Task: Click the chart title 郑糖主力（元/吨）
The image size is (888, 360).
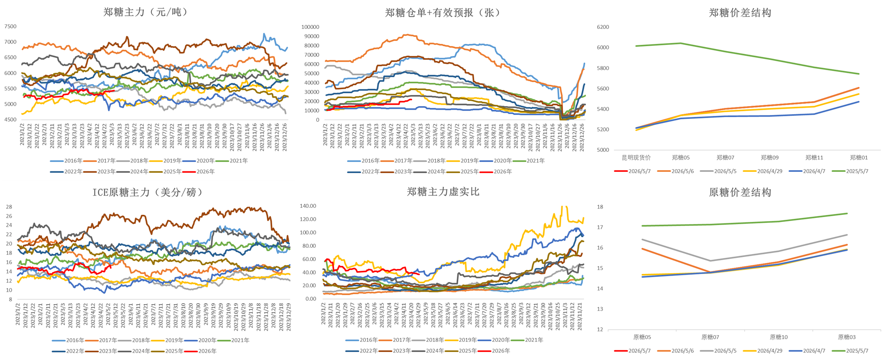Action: point(146,12)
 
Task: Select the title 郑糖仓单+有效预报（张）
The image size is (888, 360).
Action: point(444,12)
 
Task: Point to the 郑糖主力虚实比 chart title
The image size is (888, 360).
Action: point(443,192)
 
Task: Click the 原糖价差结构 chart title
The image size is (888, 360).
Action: point(740,192)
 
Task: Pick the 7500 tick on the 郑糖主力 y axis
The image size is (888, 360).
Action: point(10,27)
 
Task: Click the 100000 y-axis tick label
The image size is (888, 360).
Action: point(310,27)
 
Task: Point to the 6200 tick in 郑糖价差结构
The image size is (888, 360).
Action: point(603,27)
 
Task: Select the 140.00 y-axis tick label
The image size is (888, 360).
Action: point(308,206)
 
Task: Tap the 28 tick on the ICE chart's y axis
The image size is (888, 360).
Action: point(9,207)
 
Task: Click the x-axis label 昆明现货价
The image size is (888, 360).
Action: point(636,158)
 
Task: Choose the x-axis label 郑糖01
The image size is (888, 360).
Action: point(859,158)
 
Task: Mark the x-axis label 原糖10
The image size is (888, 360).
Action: point(778,337)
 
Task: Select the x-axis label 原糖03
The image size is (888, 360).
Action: point(847,337)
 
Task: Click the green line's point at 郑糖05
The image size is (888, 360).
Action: point(681,43)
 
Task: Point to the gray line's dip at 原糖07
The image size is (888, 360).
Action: point(710,261)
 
